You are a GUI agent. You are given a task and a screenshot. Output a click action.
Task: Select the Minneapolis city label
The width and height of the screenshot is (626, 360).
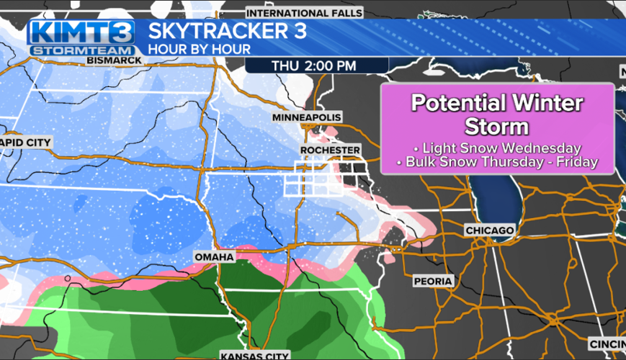pyautogui.click(x=307, y=117)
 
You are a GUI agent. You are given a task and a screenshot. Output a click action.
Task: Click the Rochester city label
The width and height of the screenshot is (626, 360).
pyautogui.click(x=331, y=149)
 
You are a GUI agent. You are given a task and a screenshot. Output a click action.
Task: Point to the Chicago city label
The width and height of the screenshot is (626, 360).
pyautogui.click(x=490, y=230)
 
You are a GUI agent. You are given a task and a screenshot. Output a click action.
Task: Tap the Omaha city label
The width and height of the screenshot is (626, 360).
pyautogui.click(x=214, y=257)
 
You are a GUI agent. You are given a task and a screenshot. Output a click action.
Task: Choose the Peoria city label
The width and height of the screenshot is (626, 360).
pyautogui.click(x=433, y=281)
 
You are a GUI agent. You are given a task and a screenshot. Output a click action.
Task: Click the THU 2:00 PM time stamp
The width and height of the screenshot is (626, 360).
pyautogui.click(x=314, y=66)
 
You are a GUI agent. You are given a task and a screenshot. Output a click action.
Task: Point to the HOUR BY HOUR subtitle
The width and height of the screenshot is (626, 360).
pyautogui.click(x=200, y=50)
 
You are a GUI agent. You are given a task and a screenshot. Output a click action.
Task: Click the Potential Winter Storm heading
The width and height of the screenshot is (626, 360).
pyautogui.click(x=497, y=115)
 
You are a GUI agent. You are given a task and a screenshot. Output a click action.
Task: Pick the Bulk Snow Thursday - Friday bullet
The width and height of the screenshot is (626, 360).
pyautogui.click(x=497, y=162)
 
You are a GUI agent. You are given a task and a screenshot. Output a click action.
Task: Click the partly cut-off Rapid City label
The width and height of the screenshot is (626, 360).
pyautogui.click(x=26, y=143)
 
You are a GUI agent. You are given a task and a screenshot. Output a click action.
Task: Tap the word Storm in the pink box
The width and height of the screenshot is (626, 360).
pyautogui.click(x=497, y=127)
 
